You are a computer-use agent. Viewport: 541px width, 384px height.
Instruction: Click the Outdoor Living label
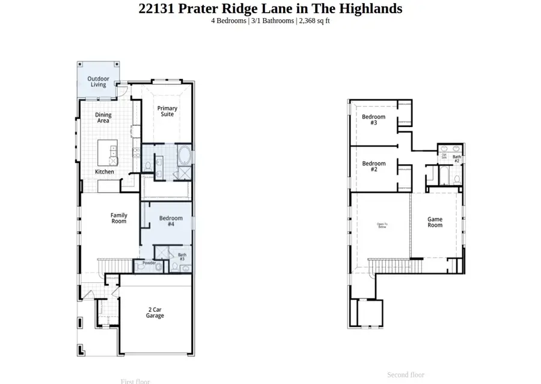pyautogui.click(x=98, y=82)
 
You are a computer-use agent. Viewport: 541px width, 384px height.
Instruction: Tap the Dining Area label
pyautogui.click(x=103, y=118)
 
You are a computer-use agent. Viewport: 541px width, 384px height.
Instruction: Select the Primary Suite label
pyautogui.click(x=167, y=111)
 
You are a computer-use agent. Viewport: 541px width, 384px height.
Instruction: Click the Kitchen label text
pyautogui.click(x=104, y=172)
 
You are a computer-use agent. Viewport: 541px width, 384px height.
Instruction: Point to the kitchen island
pyautogui.click(x=109, y=153)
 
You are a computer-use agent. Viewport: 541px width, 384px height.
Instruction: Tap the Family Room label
pyautogui.click(x=118, y=218)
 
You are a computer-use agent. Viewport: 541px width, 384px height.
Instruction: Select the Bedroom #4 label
pyautogui.click(x=171, y=221)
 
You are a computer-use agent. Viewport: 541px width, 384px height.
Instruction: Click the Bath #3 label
pyautogui.click(x=182, y=256)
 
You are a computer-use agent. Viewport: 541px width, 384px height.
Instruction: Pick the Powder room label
pyautogui.click(x=148, y=263)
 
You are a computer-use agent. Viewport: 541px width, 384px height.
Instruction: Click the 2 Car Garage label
pyautogui.click(x=154, y=313)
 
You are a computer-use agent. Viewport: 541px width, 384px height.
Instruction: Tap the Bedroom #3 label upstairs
pyautogui.click(x=373, y=120)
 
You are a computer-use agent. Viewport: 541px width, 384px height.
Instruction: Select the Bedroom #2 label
pyautogui.click(x=373, y=167)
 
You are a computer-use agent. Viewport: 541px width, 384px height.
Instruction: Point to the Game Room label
pyautogui.click(x=435, y=222)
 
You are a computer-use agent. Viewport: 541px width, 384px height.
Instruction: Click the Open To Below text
pyautogui.click(x=382, y=226)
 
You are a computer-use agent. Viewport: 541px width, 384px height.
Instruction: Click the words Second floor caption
pyautogui.click(x=405, y=374)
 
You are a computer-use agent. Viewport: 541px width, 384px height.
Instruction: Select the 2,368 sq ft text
pyautogui.click(x=314, y=21)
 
